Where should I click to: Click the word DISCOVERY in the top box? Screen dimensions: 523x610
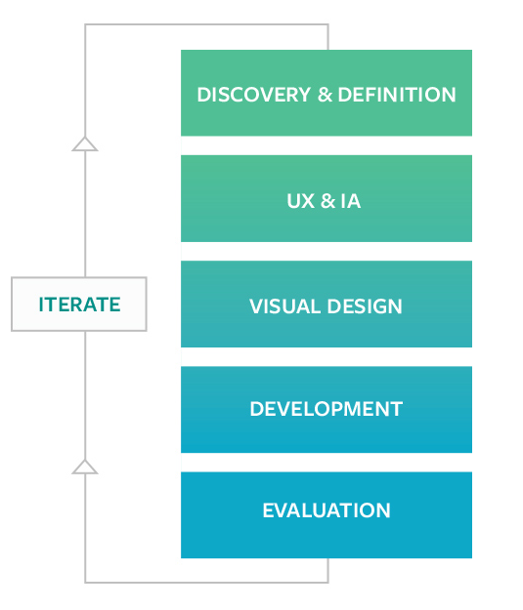254,95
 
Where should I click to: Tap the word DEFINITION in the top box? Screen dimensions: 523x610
397,95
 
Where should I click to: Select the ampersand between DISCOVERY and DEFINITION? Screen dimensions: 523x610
325,95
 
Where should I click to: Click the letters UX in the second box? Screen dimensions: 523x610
300,201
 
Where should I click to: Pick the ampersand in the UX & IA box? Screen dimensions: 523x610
327,201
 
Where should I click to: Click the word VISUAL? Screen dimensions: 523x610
284,306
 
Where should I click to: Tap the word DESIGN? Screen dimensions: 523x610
365,306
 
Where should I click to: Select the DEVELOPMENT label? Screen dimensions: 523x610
327,409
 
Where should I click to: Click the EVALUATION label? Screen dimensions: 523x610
327,510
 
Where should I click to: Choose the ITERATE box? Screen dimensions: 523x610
79,305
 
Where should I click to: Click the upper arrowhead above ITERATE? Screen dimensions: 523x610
85,143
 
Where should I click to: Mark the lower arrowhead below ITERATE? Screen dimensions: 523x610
85,467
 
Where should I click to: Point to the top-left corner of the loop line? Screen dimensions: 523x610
85,25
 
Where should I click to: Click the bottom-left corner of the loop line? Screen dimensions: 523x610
85,583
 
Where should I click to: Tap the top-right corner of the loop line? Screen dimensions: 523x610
328,25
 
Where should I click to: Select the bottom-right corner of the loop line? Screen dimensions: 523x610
328,583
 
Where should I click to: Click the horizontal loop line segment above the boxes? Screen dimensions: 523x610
206,25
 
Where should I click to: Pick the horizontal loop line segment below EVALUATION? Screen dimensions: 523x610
206,583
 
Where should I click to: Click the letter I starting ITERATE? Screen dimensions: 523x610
41,305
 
